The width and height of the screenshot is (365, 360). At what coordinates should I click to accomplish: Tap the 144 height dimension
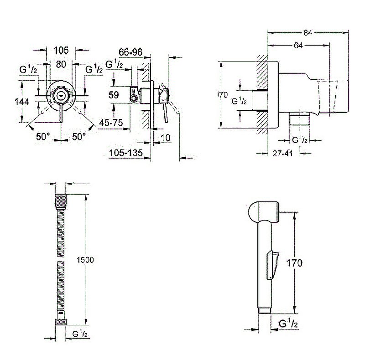[x=21, y=102]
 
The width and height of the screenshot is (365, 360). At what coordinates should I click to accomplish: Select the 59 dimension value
[x=114, y=95]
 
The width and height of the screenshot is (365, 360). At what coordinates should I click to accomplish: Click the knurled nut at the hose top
[x=60, y=200]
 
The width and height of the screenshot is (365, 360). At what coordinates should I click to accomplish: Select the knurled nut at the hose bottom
[x=60, y=322]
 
